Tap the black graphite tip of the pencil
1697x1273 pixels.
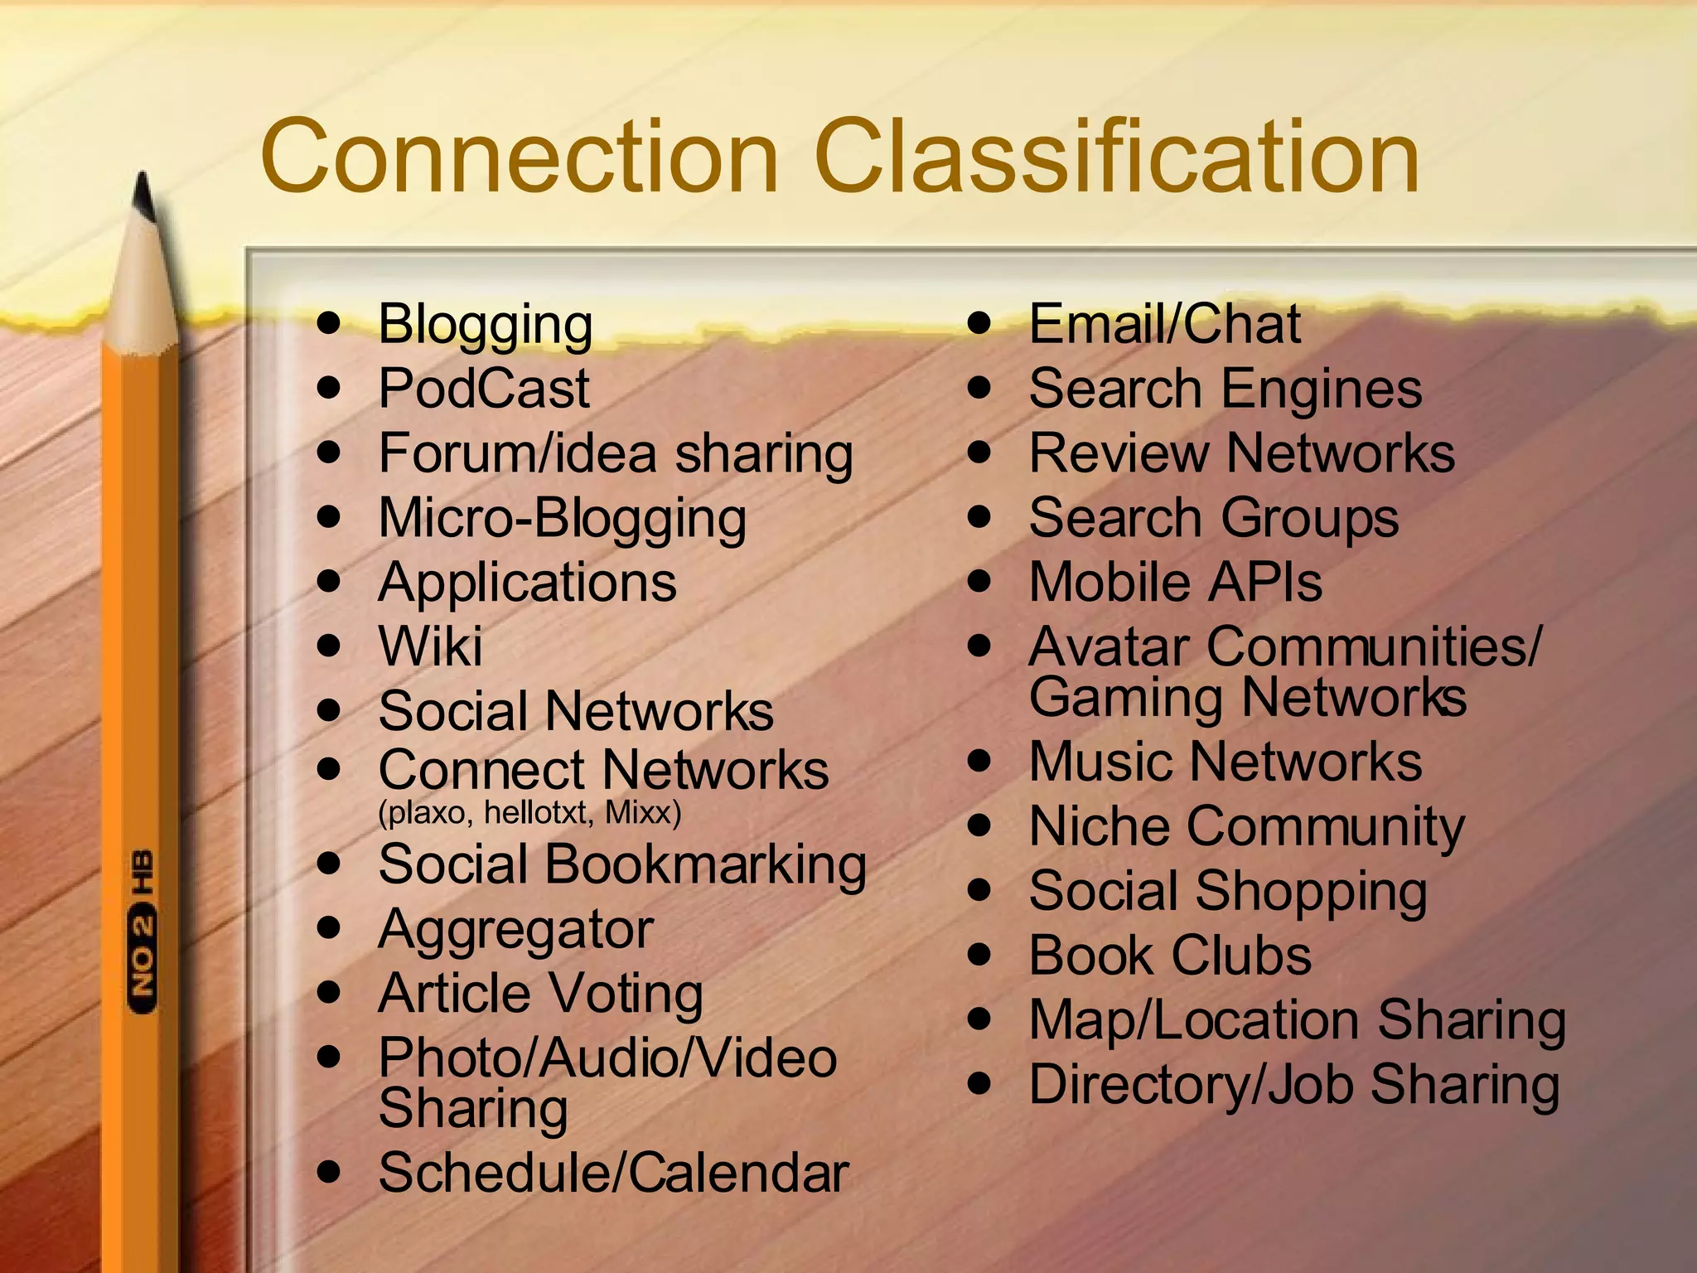click(144, 196)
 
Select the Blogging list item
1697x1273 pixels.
click(486, 325)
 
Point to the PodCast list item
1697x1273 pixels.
click(484, 389)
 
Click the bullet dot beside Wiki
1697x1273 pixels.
click(330, 646)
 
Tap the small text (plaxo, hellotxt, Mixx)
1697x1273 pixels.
click(529, 812)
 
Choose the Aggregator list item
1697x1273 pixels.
click(515, 930)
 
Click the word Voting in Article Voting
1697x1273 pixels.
click(626, 994)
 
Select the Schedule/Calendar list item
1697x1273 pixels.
click(613, 1173)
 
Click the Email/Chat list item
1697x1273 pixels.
click(1164, 324)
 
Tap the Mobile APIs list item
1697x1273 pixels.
click(1175, 583)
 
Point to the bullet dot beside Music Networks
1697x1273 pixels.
click(980, 761)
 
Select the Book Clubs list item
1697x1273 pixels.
click(1170, 956)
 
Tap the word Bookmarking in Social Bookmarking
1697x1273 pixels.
click(705, 865)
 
